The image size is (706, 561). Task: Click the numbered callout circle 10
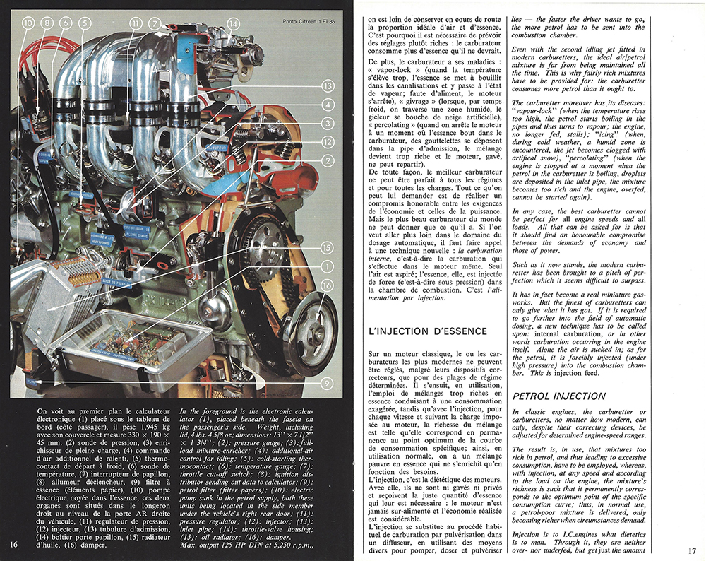tap(28, 23)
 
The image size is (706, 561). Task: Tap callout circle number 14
tap(232, 23)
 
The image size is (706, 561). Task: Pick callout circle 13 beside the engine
tap(326, 86)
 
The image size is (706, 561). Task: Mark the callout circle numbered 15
tap(326, 248)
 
